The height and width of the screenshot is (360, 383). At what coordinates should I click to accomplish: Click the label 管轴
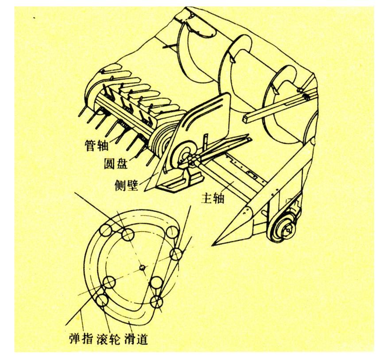coord(97,145)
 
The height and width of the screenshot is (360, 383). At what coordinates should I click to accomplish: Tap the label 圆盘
coord(116,164)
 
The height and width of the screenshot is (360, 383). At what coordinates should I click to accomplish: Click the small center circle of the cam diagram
coord(143,268)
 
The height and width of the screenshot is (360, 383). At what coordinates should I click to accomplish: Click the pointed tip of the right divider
coord(213,245)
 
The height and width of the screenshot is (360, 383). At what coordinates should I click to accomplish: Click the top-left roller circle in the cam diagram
coord(105,230)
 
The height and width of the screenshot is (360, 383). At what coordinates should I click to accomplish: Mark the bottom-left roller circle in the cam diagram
coord(102,300)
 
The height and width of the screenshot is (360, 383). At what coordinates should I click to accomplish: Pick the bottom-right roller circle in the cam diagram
coord(156,302)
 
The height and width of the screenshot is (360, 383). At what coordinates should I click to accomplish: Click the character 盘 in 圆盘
coord(122,164)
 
